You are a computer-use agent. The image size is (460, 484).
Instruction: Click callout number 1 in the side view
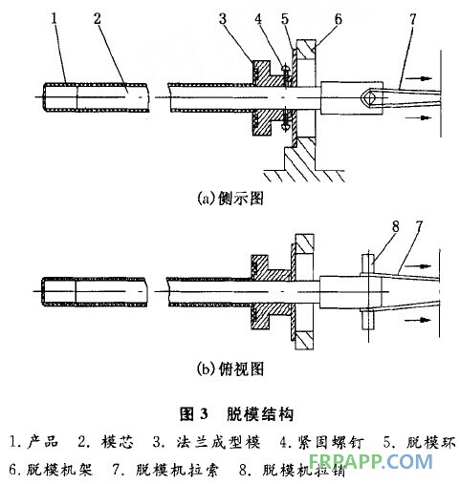(55, 18)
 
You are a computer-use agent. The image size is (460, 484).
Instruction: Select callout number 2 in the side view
(97, 18)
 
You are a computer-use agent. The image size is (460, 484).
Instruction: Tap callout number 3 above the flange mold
(223, 18)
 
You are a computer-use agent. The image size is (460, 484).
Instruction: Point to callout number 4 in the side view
(258, 19)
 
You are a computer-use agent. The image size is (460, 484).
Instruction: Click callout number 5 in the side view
(285, 19)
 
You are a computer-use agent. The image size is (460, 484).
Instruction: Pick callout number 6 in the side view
(338, 19)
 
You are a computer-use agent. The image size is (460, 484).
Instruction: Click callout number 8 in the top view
(396, 226)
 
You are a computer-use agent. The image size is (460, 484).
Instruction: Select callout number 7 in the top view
(419, 226)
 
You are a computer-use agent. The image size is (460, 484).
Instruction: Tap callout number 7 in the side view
(413, 19)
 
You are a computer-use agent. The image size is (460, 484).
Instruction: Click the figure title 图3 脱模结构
(236, 413)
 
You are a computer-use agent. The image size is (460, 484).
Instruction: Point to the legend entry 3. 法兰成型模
(207, 442)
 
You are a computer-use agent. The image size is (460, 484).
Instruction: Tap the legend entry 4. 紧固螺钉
(321, 442)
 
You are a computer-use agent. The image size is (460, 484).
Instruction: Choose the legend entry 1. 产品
(33, 442)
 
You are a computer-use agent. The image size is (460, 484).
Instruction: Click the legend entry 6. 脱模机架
(51, 469)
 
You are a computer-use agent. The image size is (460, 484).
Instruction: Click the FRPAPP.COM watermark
(371, 461)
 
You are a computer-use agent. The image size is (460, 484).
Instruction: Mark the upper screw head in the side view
(286, 69)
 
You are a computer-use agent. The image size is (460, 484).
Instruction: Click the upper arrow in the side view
(420, 78)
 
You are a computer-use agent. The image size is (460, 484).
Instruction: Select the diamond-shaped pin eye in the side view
(369, 97)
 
